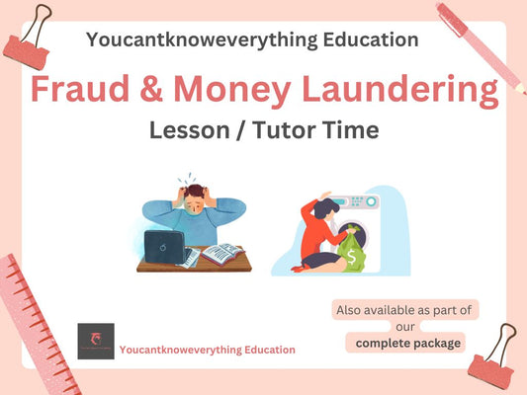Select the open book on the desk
point(220,255)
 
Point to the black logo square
point(95,342)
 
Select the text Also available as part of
point(405,310)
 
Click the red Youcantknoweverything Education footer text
point(207,350)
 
